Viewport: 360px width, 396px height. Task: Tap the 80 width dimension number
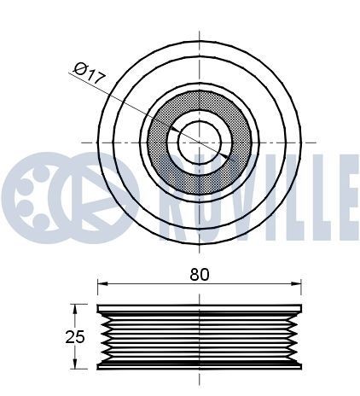coord(200,274)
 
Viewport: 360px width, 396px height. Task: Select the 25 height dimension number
coord(77,336)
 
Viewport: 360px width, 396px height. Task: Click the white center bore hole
coord(200,139)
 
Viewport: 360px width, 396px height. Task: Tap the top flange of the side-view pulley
coord(200,308)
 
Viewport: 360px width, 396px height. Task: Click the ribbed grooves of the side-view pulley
coord(200,336)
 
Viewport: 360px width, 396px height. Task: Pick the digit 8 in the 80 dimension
coord(195,274)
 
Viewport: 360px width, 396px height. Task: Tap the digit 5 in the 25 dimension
coord(81,336)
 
